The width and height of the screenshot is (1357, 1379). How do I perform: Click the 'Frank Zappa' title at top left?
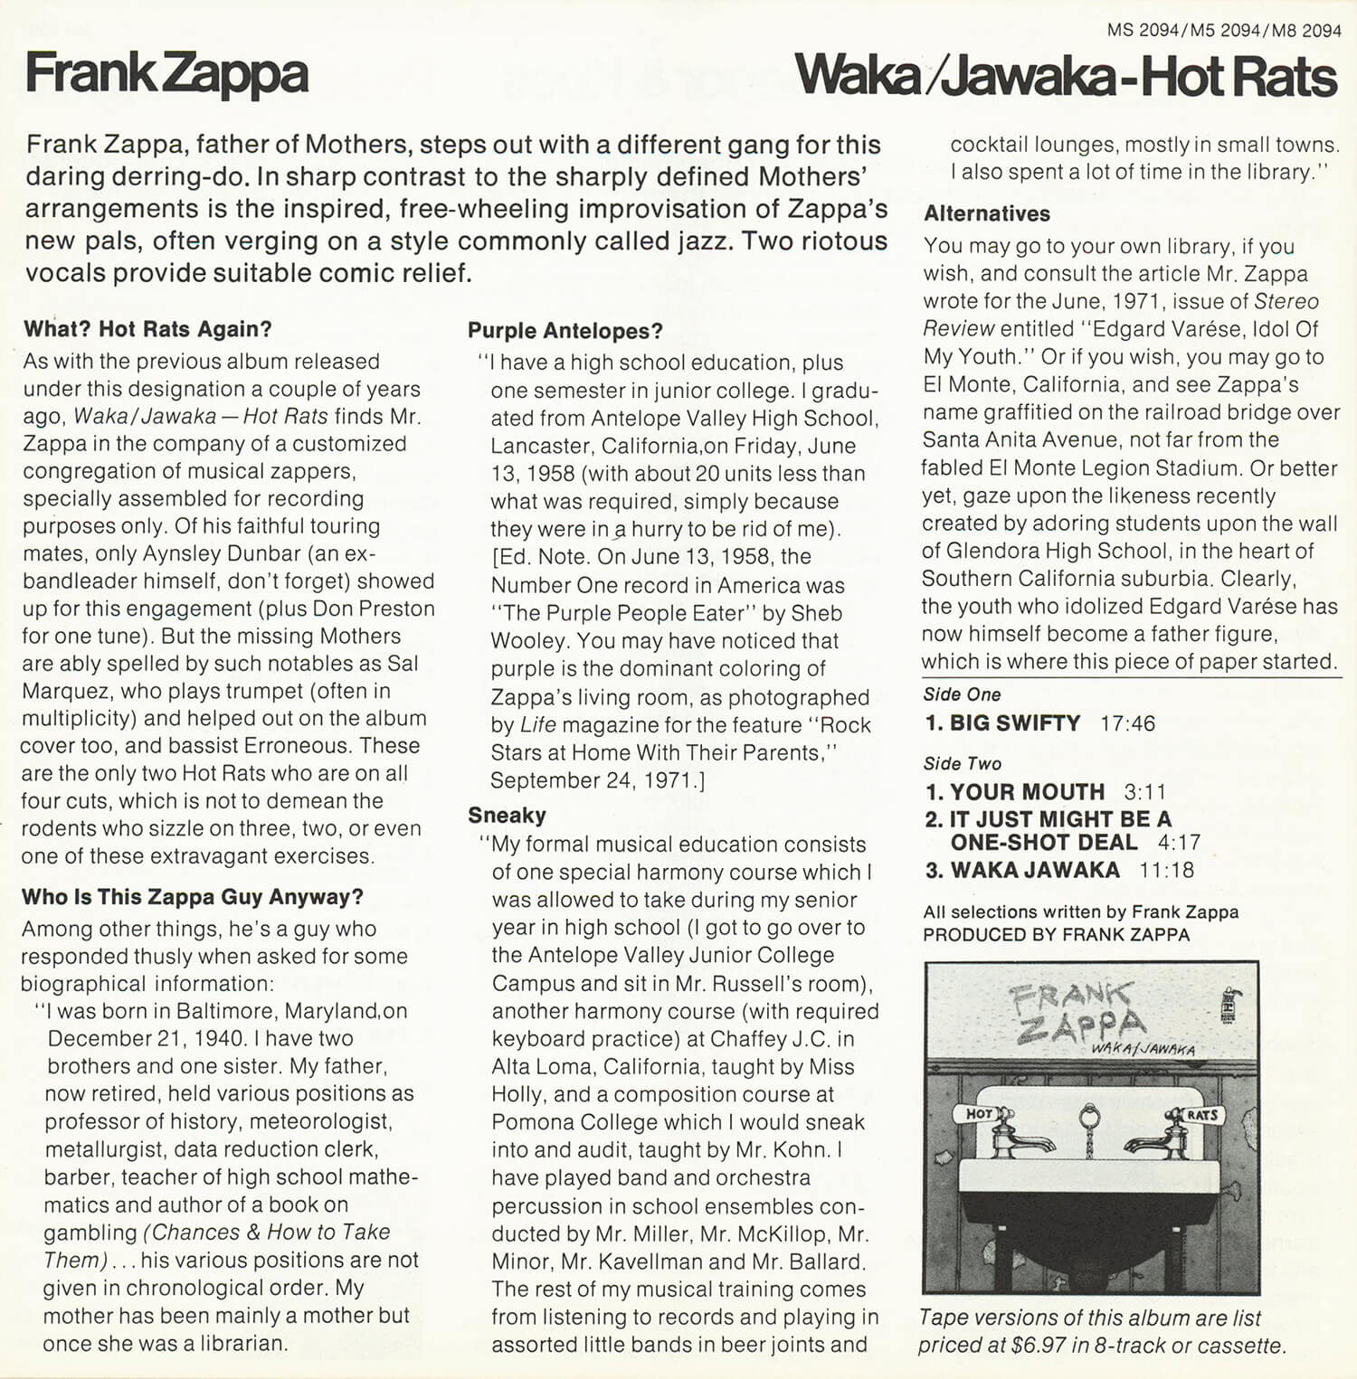click(167, 74)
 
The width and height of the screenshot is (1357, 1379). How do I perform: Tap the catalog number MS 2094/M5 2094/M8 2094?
click(1224, 31)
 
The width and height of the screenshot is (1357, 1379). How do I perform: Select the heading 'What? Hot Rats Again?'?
click(147, 329)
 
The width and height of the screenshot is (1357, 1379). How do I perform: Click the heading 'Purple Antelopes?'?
click(565, 331)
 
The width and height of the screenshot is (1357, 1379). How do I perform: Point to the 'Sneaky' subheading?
click(507, 816)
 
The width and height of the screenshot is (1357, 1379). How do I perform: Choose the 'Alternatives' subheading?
click(987, 213)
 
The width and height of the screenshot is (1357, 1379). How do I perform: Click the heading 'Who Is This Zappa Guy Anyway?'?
click(192, 897)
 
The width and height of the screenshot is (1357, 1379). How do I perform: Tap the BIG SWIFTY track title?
click(1014, 723)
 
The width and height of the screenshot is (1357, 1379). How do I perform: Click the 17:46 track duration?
click(1127, 723)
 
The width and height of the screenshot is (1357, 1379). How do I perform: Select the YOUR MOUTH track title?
click(1027, 792)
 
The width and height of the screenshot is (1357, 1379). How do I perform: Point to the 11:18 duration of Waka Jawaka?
click(1166, 871)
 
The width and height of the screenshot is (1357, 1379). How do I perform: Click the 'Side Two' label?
click(962, 763)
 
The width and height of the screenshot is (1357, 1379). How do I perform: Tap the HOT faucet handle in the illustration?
click(980, 1114)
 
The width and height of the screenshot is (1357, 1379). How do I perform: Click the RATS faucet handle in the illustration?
click(1201, 1115)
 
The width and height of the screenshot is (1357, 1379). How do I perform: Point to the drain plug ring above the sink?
click(1090, 1118)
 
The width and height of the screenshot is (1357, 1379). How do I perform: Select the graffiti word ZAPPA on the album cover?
click(1081, 1027)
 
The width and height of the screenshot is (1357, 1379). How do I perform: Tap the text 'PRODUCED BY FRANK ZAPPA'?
click(1056, 935)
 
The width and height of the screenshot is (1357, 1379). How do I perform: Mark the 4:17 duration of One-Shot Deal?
click(1179, 843)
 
